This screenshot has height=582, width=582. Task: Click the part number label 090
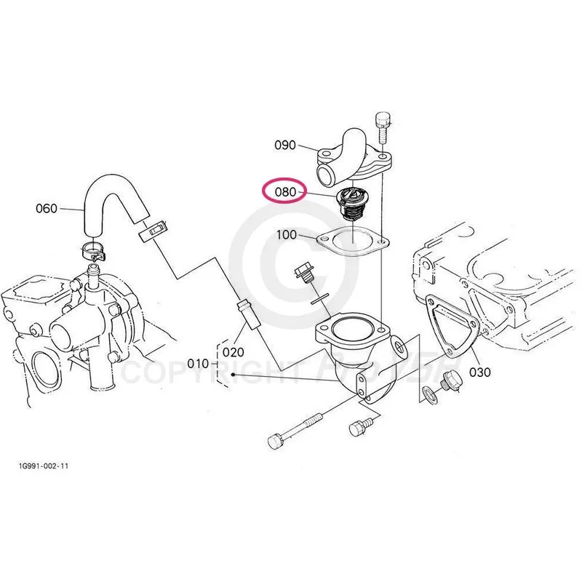coord(285,145)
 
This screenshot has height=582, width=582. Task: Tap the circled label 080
coord(284,193)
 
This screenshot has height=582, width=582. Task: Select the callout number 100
coord(287,236)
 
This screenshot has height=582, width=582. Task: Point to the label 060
coord(46,209)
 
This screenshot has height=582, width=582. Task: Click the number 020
coord(233,351)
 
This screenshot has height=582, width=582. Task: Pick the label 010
coord(198,363)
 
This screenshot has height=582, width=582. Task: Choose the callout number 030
coord(480,372)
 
